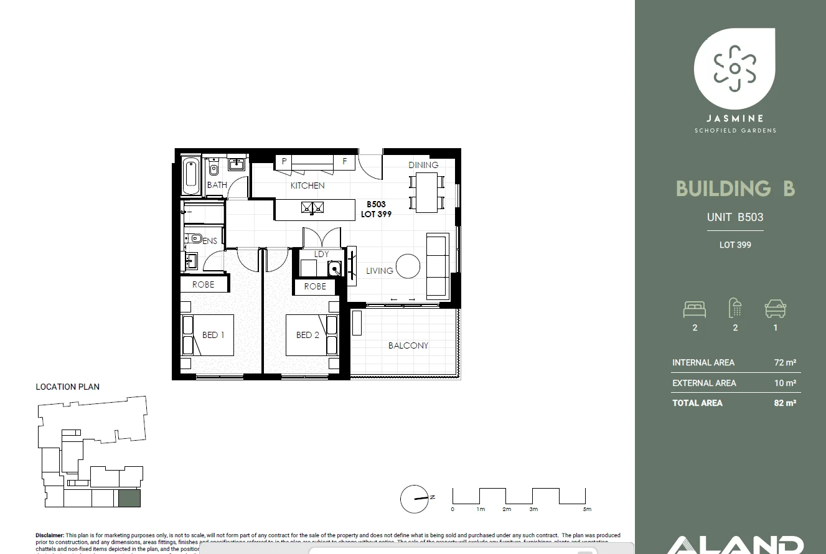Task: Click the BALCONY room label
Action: tap(408, 345)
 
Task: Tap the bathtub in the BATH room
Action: tap(192, 176)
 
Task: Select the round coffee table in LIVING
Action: tap(408, 266)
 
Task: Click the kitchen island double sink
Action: tap(312, 208)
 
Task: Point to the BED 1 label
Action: tap(213, 335)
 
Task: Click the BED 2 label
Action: tap(307, 335)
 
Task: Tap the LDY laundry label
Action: tap(321, 254)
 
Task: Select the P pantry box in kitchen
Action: tap(284, 161)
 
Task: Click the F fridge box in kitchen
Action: tap(344, 161)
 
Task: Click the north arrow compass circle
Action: tap(415, 499)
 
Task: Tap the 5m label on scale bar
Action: tap(587, 510)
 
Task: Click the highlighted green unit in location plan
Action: tap(129, 499)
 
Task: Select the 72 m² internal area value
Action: tap(785, 362)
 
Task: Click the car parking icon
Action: tap(776, 309)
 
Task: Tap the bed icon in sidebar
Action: tap(694, 309)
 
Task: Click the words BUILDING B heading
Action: tap(735, 189)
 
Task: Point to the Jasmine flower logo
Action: tap(734, 68)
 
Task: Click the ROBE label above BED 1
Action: tap(203, 284)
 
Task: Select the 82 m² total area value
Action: tap(785, 403)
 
